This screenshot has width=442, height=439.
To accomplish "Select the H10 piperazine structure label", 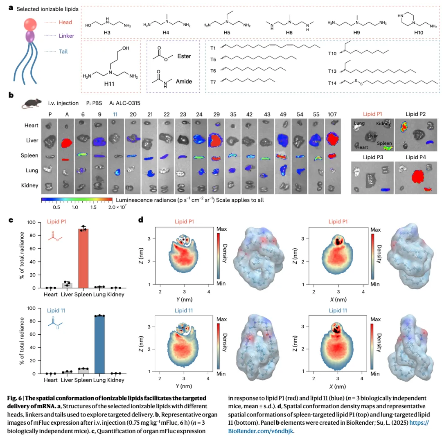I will tap(417, 32).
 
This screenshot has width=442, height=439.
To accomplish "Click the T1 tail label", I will tap(213, 47).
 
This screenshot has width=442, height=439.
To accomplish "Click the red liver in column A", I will tap(66, 143).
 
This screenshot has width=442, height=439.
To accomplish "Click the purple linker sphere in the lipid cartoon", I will tap(29, 37).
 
